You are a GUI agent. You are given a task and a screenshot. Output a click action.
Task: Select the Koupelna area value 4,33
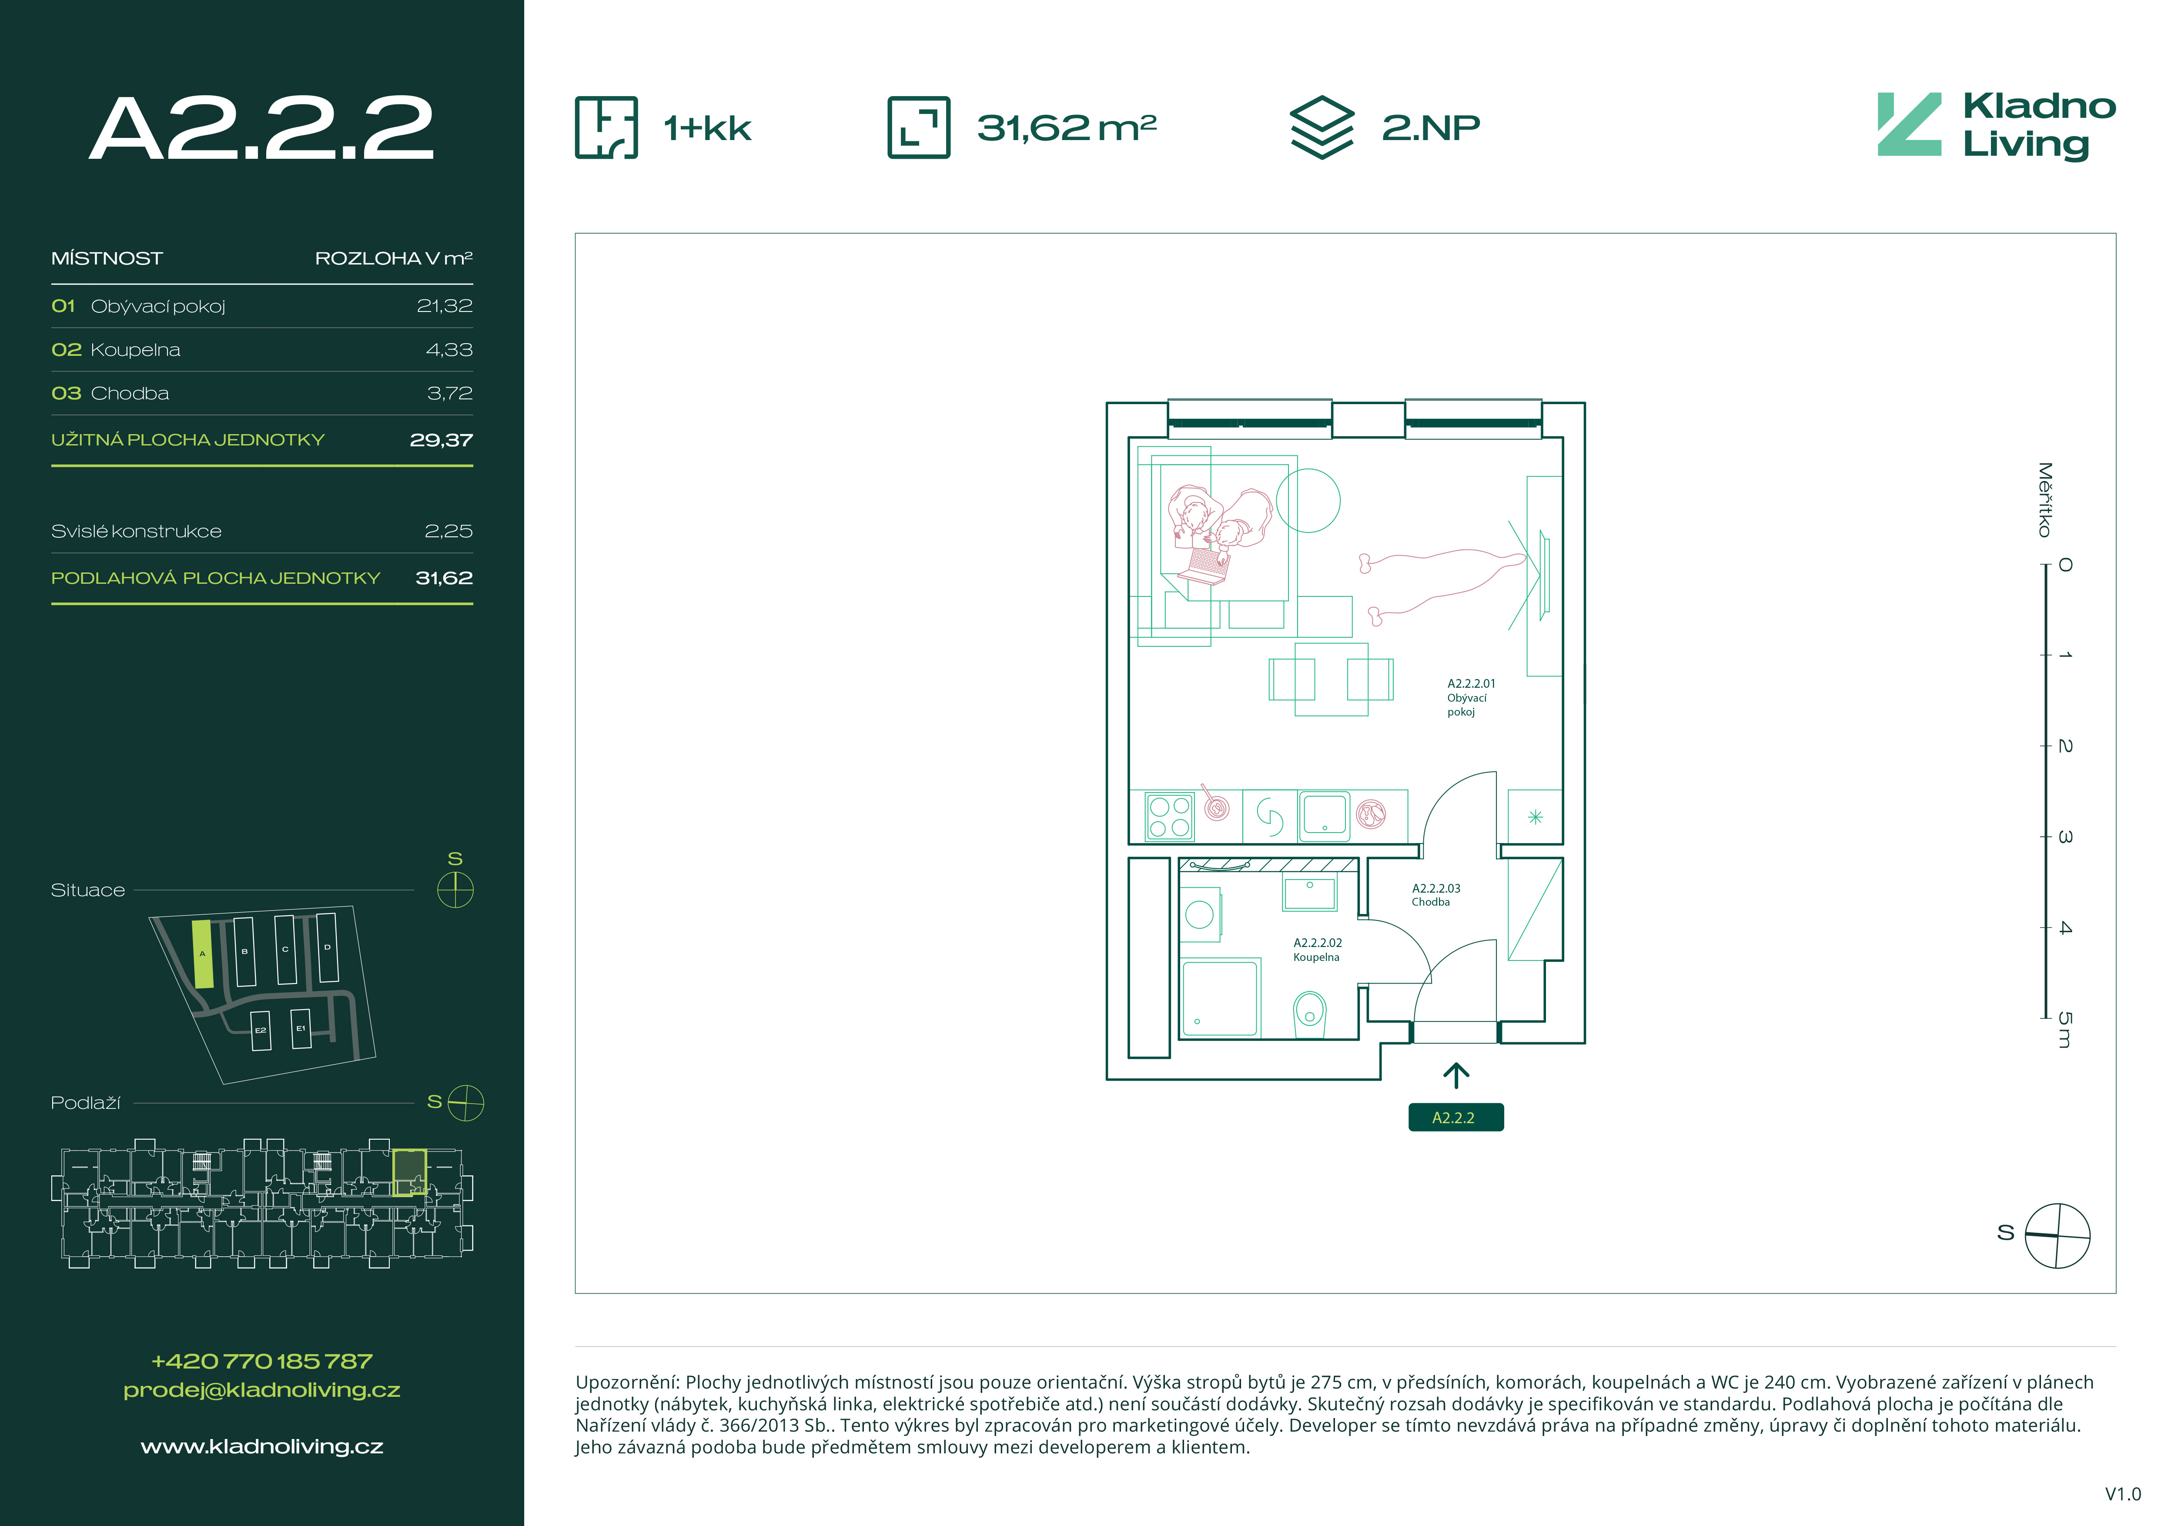pyautogui.click(x=449, y=350)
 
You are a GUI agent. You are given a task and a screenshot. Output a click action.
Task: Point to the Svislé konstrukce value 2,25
pyautogui.click(x=448, y=531)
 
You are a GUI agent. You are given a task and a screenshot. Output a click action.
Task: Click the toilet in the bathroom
pyautogui.click(x=1309, y=1014)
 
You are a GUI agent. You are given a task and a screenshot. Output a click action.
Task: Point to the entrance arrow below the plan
pyautogui.click(x=1456, y=1076)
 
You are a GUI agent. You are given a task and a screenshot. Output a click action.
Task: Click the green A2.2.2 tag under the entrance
pyautogui.click(x=1455, y=1117)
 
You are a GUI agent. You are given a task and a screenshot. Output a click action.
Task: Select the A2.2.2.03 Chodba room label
pyautogui.click(x=1436, y=894)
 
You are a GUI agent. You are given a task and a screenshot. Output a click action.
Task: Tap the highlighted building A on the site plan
pyautogui.click(x=202, y=954)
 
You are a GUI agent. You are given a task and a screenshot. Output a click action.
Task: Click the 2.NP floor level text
pyautogui.click(x=1431, y=127)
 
